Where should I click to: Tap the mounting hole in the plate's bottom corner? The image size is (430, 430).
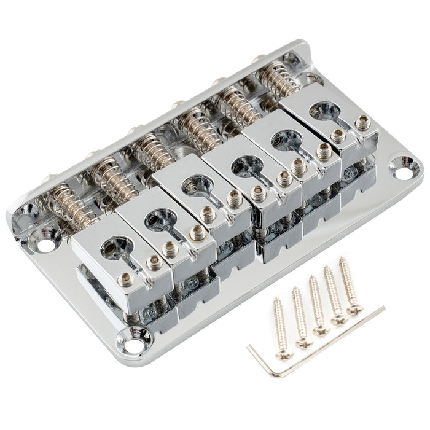[131, 336]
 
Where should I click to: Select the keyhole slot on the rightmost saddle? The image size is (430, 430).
[324, 111]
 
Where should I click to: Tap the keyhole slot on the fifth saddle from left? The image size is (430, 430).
[284, 139]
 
